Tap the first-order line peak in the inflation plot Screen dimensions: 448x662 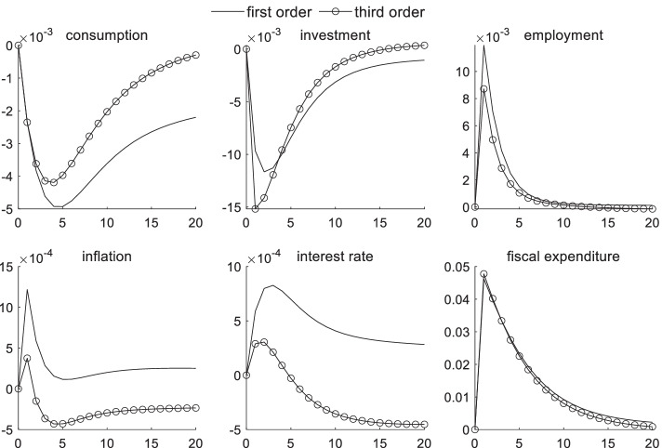point(27,290)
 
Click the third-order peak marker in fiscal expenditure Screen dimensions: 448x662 point(483,274)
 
